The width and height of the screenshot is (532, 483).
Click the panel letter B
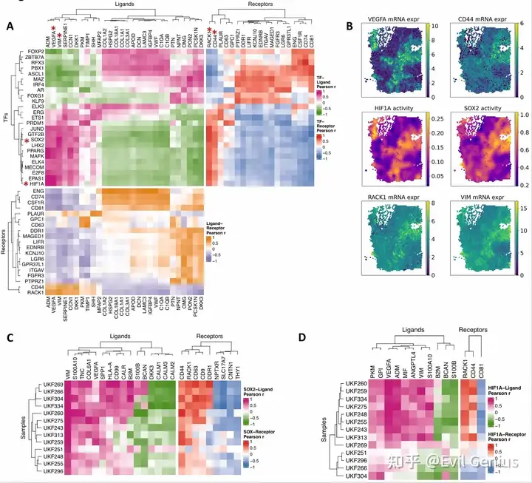[349, 27]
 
